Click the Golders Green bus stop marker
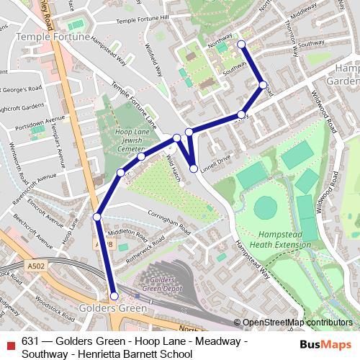tap(114, 296)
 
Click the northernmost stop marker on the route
tap(241, 45)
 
